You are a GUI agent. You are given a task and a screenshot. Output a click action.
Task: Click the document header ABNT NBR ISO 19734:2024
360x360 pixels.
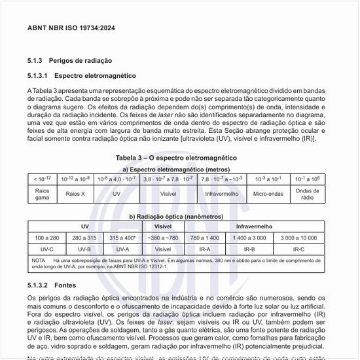71,28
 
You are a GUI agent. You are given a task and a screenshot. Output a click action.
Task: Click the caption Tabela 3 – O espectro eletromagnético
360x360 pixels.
175,158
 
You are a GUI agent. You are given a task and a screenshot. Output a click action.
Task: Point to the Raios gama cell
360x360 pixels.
42,194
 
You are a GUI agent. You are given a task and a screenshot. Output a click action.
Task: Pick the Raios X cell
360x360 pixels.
75,194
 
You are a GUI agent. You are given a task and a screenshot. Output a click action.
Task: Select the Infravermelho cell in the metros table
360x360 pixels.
222,194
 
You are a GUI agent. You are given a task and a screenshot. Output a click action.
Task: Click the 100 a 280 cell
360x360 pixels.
47,238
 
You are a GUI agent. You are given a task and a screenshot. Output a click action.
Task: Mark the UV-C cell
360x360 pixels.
47,249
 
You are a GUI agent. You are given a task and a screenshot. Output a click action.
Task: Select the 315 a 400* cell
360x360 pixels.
122,238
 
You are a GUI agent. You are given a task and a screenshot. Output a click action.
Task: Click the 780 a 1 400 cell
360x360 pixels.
204,238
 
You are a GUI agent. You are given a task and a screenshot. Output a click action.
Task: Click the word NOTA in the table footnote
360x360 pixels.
39,261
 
